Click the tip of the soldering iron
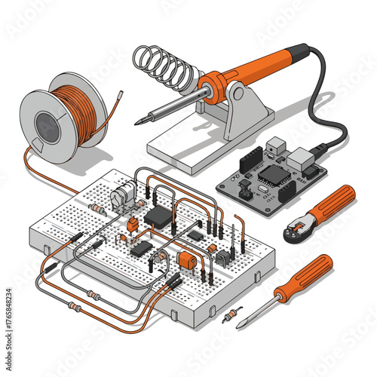coord(138,121)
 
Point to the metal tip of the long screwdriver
coord(240,325)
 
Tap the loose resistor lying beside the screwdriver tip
coord(230,315)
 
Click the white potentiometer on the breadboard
coord(121,199)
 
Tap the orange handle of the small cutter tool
coord(333,204)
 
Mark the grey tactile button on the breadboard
coord(223,257)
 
